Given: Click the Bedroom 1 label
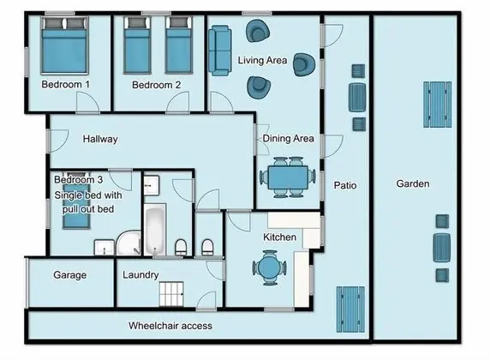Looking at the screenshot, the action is [x=65, y=85].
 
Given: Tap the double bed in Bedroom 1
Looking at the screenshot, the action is [x=65, y=45].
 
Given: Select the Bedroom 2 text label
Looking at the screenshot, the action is [x=156, y=85].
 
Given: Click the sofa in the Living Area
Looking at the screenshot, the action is [x=220, y=51].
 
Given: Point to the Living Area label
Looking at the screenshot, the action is [x=262, y=60].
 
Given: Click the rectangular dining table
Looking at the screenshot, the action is [x=288, y=177].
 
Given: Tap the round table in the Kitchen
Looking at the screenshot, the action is [x=269, y=267].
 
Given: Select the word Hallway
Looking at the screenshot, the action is [x=100, y=139].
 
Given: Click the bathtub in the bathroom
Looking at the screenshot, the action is [x=155, y=230].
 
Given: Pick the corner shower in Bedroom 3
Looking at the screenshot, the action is [x=128, y=243].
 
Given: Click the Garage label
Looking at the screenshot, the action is [x=70, y=275].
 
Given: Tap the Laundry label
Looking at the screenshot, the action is [x=140, y=275].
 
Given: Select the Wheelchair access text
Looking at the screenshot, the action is [x=170, y=326].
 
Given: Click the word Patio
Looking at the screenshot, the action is [x=345, y=185].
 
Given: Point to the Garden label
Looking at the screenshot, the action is [x=413, y=183].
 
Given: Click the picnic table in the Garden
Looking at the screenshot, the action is [x=438, y=105].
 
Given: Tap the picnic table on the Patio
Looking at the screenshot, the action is [x=350, y=309].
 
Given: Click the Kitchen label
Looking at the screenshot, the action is [x=279, y=237].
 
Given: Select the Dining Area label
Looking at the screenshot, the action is [x=288, y=139].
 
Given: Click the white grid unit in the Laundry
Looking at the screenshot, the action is [x=171, y=294].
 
